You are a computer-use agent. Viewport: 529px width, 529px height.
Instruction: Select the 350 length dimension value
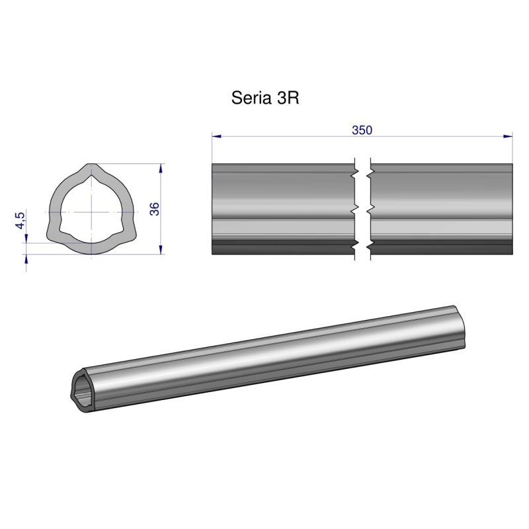tap(362, 130)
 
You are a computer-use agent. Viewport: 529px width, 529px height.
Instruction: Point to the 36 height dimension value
tap(154, 209)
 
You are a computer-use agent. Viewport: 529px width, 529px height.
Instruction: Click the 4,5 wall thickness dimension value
tap(20, 220)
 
